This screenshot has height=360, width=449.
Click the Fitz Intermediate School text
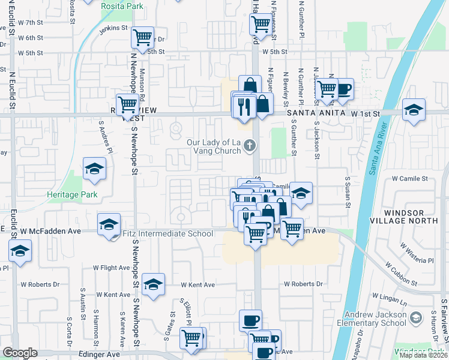click(167, 234)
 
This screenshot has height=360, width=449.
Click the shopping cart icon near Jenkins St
click(143, 38)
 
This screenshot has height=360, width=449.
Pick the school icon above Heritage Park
click(94, 170)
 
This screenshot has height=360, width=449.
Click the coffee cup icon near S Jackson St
click(343, 89)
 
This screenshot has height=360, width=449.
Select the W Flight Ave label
click(111, 268)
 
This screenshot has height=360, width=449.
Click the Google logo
click(19, 353)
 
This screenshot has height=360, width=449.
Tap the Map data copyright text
click(423, 355)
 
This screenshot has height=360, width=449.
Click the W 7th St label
click(31, 22)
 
